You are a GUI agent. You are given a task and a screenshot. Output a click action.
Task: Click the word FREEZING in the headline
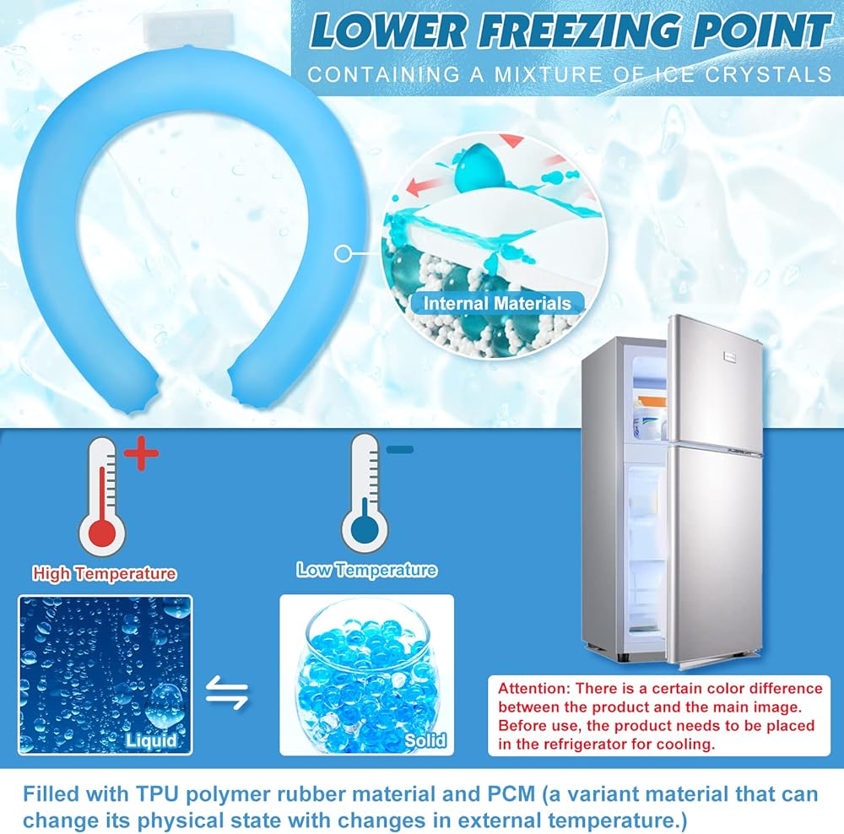[579, 31]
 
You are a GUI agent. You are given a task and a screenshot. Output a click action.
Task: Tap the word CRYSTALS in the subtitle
[769, 74]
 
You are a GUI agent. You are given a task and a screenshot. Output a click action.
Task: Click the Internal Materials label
[497, 304]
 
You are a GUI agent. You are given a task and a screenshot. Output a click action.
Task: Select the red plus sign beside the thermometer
[142, 452]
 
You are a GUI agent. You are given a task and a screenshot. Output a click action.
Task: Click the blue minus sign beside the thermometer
[400, 449]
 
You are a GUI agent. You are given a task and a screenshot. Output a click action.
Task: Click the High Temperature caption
[105, 573]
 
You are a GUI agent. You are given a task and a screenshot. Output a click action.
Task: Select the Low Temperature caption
[366, 570]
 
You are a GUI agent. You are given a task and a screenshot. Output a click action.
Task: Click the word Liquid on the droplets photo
[151, 740]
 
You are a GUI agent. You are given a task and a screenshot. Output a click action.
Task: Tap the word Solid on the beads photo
[425, 741]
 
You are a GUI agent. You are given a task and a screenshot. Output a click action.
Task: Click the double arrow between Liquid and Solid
[227, 692]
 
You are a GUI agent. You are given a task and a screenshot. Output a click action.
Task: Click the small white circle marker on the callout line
[343, 253]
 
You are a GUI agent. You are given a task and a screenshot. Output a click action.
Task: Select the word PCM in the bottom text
[511, 794]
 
